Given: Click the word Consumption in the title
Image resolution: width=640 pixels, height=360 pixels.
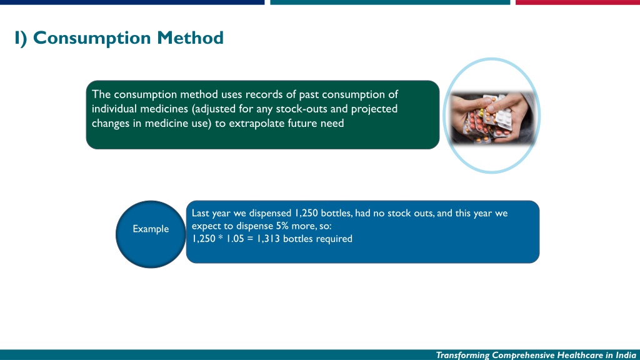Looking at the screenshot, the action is pyautogui.click(x=92, y=38).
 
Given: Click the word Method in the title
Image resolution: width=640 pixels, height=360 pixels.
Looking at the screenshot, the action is pyautogui.click(x=190, y=37).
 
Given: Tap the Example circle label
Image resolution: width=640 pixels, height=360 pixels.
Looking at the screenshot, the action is pyautogui.click(x=151, y=229).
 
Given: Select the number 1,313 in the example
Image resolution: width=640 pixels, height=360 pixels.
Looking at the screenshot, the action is pyautogui.click(x=268, y=239).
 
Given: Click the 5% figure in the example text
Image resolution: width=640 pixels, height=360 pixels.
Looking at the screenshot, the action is pyautogui.click(x=282, y=226).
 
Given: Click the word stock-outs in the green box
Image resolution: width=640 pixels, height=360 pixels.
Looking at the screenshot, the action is pyautogui.click(x=301, y=109).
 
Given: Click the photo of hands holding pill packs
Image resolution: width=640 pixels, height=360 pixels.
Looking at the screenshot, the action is pyautogui.click(x=492, y=117).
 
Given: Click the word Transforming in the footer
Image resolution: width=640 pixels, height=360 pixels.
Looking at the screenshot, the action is pyautogui.click(x=462, y=355).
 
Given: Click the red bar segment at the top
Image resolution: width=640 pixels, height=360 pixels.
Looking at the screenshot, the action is pyautogui.click(x=577, y=2).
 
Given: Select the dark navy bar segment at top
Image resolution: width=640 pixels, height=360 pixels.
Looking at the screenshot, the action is pyautogui.click(x=132, y=2).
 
